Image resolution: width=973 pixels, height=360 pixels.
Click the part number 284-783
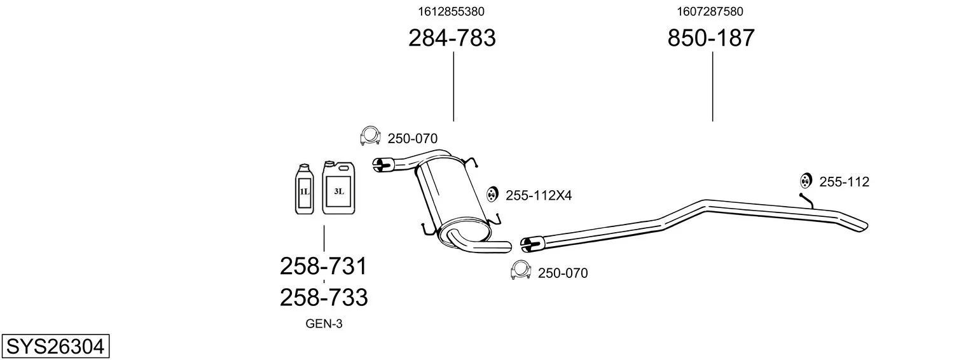pyautogui.click(x=452, y=39)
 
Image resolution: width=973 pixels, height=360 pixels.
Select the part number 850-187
pyautogui.click(x=711, y=39)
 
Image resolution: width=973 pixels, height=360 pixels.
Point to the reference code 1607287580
pyautogui.click(x=710, y=11)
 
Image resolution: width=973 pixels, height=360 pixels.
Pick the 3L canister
pyautogui.click(x=339, y=188)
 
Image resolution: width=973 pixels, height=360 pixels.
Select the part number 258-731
pyautogui.click(x=324, y=266)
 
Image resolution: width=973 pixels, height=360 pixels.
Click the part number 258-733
pyautogui.click(x=324, y=297)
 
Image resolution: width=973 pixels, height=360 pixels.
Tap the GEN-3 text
pyautogui.click(x=324, y=324)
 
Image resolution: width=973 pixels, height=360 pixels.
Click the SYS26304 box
pyautogui.click(x=55, y=347)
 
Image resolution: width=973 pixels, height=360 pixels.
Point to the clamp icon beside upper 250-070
pyautogui.click(x=369, y=136)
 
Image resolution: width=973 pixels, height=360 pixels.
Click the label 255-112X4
pyautogui.click(x=539, y=196)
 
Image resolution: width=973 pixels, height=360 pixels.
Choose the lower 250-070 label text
pyautogui.click(x=563, y=273)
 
